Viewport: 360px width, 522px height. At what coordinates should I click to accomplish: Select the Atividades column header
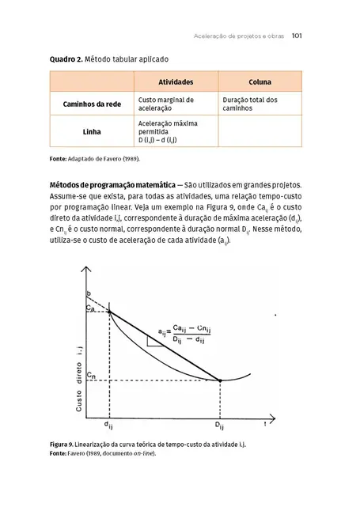click(x=175, y=82)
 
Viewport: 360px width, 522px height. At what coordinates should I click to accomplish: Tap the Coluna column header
click(x=260, y=82)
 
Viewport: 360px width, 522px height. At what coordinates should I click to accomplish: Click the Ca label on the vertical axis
click(x=92, y=310)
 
